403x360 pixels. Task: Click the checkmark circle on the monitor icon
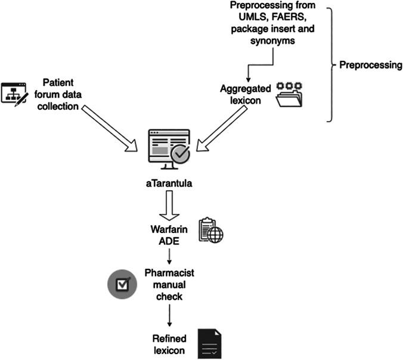point(179,156)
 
